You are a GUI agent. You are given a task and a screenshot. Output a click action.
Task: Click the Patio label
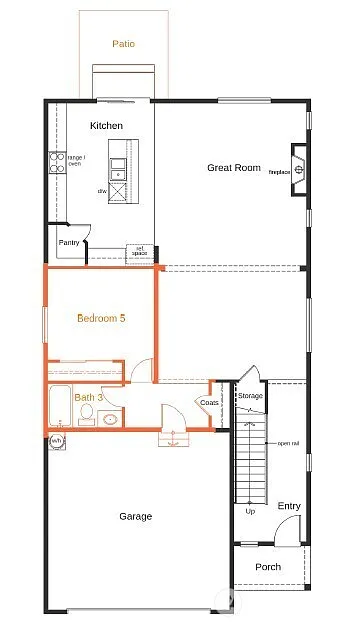point(123,44)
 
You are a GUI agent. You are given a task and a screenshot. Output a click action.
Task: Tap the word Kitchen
point(106,126)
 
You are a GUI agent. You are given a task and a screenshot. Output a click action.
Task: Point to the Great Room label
point(234,167)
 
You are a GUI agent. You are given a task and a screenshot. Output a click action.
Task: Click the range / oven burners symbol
point(57,163)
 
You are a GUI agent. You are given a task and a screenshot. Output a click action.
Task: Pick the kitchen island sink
point(119,163)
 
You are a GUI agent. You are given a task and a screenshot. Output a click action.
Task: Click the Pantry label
point(69,242)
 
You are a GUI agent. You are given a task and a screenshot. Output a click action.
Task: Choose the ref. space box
point(139,252)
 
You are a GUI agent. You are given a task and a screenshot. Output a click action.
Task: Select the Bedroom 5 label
point(101,319)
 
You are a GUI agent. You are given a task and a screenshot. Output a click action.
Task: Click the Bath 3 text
point(88,397)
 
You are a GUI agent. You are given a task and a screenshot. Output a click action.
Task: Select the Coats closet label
point(209,403)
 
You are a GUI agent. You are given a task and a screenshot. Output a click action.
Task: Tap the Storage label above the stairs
point(250,396)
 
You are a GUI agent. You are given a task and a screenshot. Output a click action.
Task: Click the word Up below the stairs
point(249,512)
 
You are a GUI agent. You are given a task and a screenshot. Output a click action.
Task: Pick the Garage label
point(135,516)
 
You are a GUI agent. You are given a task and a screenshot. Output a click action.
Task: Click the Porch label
point(268,567)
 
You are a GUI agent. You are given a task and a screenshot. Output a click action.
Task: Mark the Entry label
point(288,506)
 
